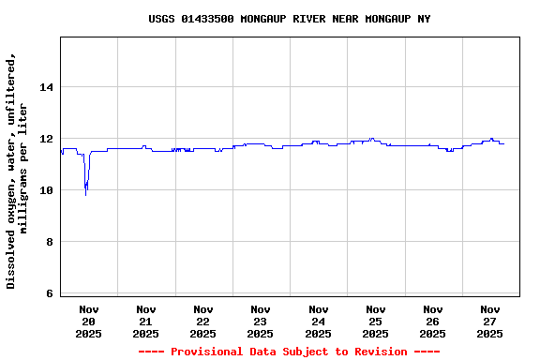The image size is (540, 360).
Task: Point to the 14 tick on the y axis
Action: (x=46, y=87)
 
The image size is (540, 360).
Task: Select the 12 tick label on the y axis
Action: (x=46, y=139)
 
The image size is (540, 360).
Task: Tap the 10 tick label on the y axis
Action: (x=46, y=190)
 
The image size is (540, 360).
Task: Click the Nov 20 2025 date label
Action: (x=89, y=321)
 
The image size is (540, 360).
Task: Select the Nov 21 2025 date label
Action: (x=146, y=321)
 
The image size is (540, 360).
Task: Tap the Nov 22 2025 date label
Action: (x=203, y=321)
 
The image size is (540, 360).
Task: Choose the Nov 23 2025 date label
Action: (x=261, y=321)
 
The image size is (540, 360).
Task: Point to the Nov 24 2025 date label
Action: (x=318, y=321)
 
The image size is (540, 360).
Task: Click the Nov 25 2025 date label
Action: (x=375, y=321)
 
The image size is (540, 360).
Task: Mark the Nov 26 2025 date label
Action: (x=432, y=321)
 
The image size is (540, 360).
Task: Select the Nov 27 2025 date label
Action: (x=489, y=321)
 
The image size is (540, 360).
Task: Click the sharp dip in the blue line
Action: (x=86, y=191)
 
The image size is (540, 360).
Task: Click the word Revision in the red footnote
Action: (x=382, y=352)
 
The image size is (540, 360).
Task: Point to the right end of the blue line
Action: (x=503, y=143)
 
